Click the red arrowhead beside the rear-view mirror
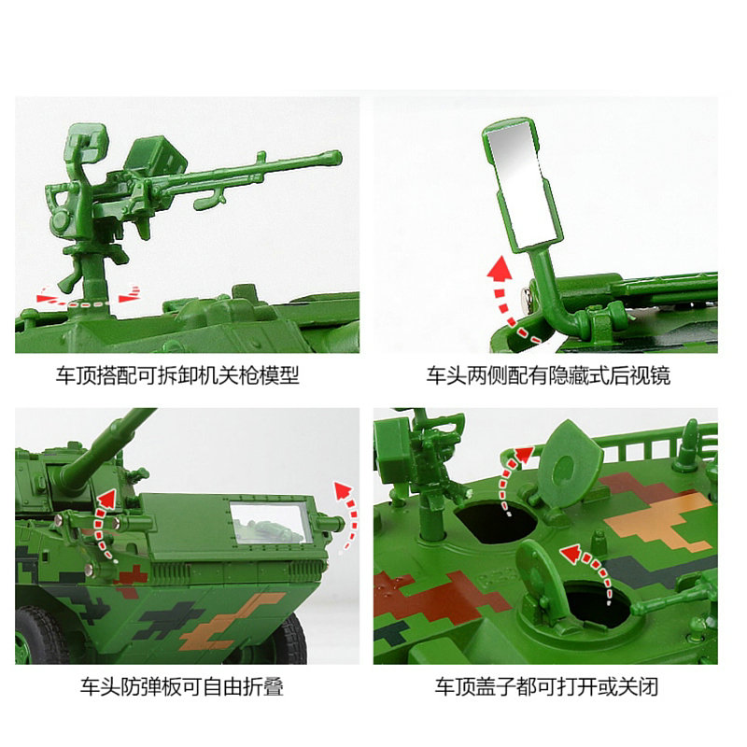500,268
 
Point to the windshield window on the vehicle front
270,522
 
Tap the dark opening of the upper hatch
497,522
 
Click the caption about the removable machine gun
177,375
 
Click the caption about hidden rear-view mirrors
548,375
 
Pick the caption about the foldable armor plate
182,686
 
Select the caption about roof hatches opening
546,686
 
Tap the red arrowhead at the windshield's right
343,489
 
